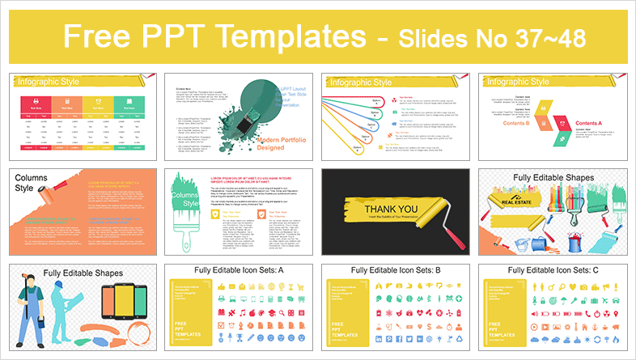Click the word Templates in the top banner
(x=275, y=36)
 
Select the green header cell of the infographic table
(x=125, y=104)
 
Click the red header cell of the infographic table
(x=37, y=104)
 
